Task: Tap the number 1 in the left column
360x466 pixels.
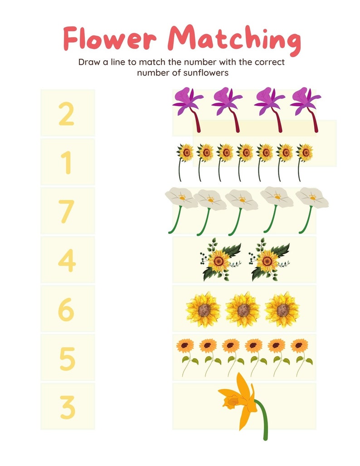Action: pos(67,162)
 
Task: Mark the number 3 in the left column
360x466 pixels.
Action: pos(67,407)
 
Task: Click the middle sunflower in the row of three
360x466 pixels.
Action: pos(242,310)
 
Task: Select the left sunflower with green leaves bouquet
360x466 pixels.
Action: pos(220,260)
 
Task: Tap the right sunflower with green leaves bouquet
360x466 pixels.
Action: pos(268,260)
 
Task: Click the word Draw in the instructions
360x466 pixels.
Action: pos(88,62)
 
